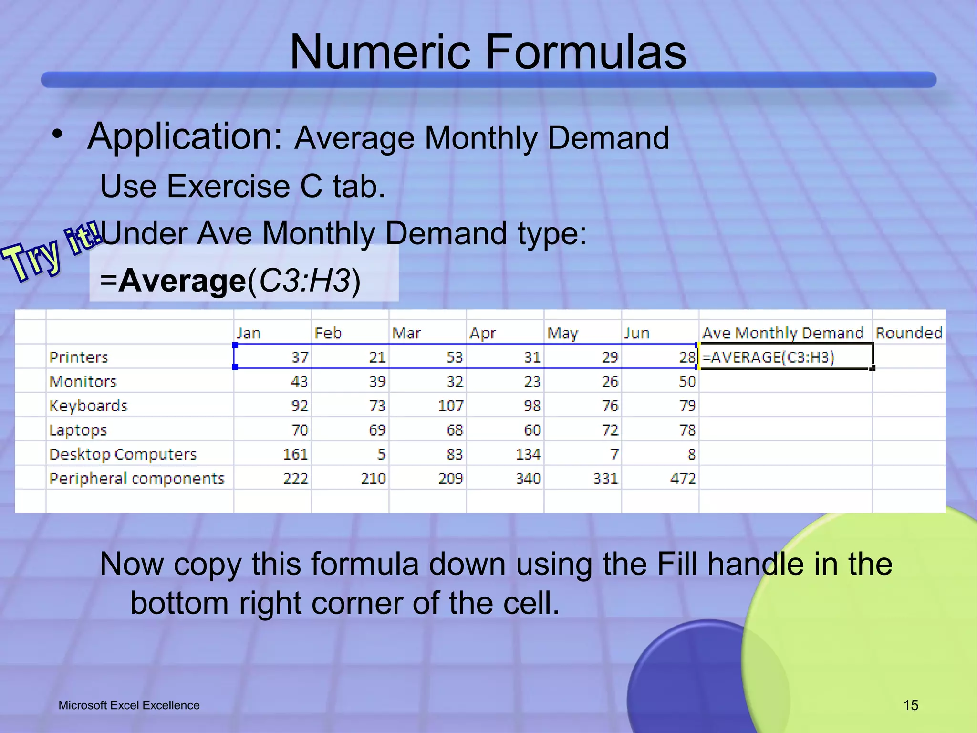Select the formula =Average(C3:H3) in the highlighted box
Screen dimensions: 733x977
point(230,281)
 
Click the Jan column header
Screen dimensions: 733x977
point(249,333)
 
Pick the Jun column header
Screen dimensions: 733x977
point(637,333)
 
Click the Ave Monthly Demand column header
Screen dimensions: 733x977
point(782,333)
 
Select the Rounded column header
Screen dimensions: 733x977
point(908,333)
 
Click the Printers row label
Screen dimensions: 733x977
point(79,357)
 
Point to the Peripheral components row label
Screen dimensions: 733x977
point(136,478)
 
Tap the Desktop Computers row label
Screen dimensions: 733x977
point(123,454)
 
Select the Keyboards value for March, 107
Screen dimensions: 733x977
point(450,406)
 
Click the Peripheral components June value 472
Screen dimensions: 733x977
point(683,478)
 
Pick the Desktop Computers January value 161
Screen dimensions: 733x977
point(295,454)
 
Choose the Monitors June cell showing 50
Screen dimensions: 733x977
point(687,381)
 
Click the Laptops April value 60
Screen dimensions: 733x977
point(532,430)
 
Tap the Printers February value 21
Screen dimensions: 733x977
point(377,357)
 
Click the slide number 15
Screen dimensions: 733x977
point(911,705)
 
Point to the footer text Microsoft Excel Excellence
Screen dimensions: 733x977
point(129,705)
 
